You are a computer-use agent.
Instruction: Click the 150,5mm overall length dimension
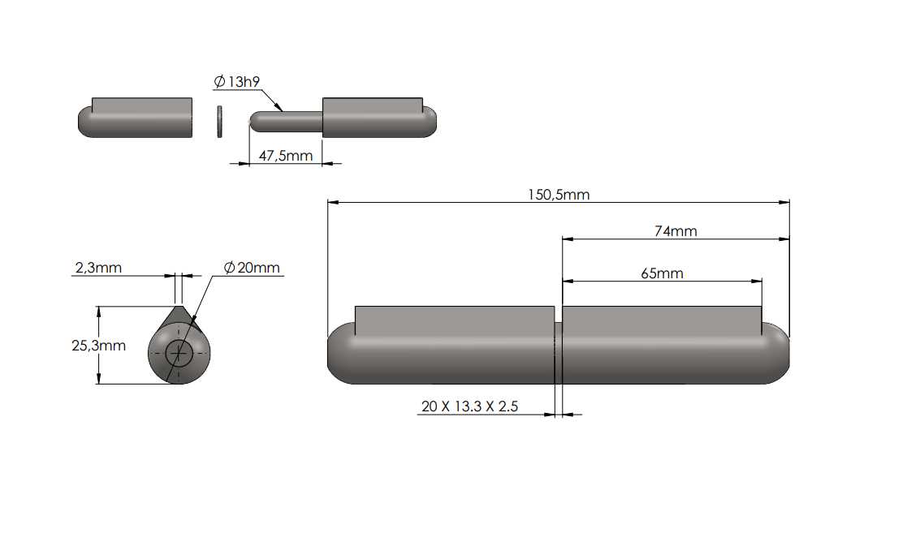[x=559, y=195]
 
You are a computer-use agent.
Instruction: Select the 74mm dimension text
[x=676, y=231]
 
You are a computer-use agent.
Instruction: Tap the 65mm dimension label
[x=662, y=273]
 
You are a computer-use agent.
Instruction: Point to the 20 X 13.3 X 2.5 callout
[x=469, y=406]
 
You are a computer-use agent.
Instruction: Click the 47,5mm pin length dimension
[x=285, y=156]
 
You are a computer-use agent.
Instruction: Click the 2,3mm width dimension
[x=98, y=267]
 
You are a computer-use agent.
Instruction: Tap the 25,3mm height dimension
[x=99, y=345]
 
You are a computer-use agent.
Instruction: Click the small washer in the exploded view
[x=219, y=120]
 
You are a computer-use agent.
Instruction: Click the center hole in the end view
[x=179, y=353]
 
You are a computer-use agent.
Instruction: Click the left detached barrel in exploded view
[x=136, y=119]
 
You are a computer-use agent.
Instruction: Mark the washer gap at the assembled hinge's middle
[x=559, y=354]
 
